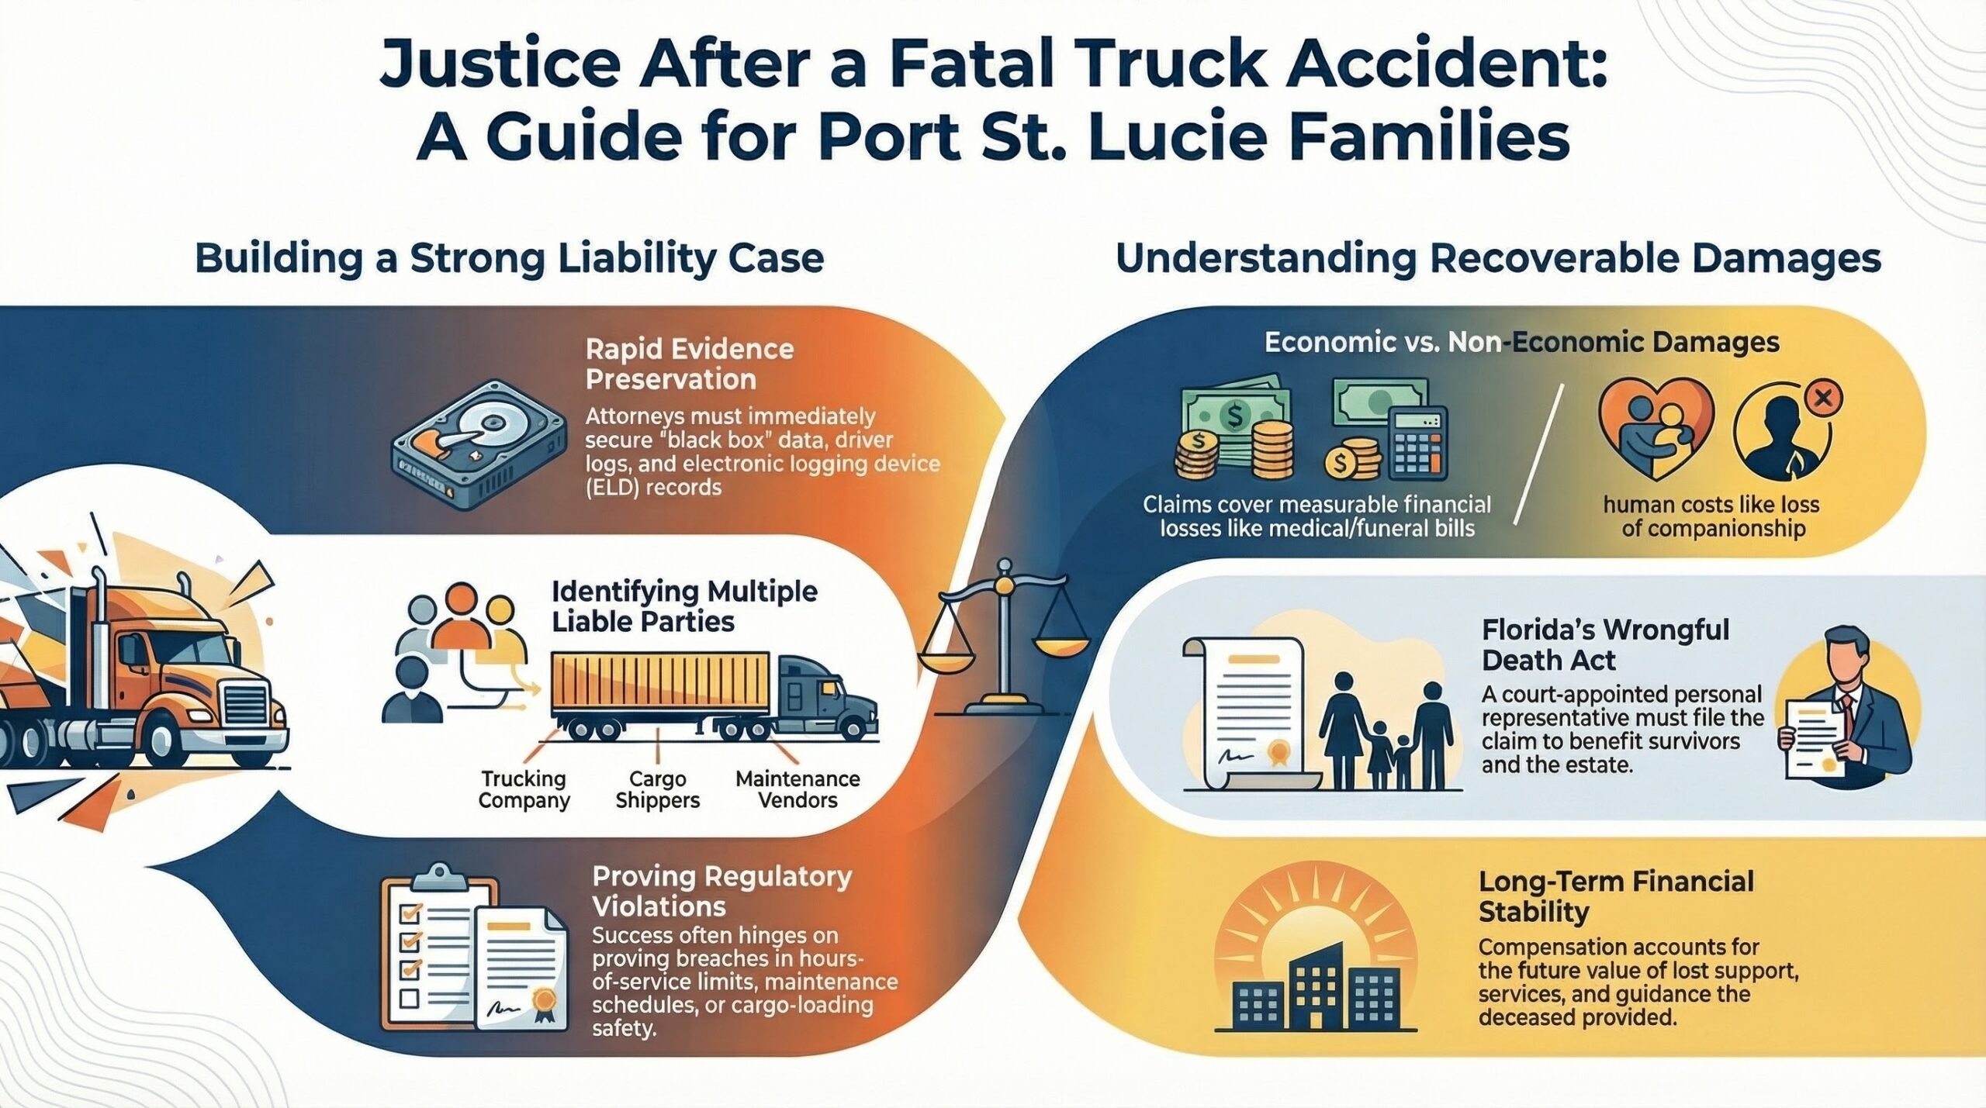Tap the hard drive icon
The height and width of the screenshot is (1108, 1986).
(x=479, y=444)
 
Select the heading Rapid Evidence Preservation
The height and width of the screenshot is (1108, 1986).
(x=690, y=364)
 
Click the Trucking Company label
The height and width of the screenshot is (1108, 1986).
(x=524, y=789)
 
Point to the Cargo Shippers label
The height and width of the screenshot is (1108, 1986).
(x=658, y=789)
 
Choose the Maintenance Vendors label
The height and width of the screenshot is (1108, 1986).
(x=798, y=789)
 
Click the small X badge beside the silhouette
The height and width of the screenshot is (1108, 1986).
(x=1824, y=399)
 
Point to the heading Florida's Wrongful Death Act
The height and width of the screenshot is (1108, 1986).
(x=1605, y=644)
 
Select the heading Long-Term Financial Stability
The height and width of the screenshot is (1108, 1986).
(x=1615, y=896)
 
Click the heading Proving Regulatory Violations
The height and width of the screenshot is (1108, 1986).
(x=721, y=891)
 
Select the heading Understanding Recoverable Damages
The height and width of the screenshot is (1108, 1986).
(x=1498, y=259)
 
